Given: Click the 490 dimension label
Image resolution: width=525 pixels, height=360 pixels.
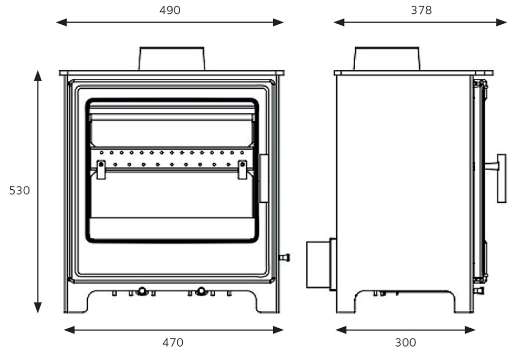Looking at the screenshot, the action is coord(170,10).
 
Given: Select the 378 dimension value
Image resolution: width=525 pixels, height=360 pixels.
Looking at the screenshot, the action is coord(421,10).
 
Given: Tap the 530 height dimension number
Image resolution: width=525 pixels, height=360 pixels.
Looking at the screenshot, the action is coord(19,191).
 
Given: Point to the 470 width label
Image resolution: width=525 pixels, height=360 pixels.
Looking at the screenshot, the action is coord(173,342).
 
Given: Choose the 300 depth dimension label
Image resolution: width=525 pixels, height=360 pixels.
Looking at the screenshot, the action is coord(405,342).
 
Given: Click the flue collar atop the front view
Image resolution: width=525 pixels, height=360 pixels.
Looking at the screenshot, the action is coord(171,59).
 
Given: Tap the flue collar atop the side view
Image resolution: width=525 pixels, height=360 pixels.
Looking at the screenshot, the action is coord(387,59).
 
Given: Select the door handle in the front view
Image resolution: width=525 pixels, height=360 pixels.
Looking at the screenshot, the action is coord(264,178).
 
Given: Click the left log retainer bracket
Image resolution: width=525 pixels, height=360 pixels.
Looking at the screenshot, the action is coord(101,170).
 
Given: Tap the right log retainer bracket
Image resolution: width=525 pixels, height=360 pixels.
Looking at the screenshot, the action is coord(242,170).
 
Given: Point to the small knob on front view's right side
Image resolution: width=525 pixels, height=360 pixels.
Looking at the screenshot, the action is coord(284,258).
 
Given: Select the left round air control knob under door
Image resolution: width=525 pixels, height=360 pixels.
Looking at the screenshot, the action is coord(142,291).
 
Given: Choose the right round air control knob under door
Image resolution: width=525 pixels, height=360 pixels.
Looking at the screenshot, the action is coord(201,291).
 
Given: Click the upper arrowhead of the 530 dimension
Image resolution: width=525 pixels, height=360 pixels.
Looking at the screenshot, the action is coord(38,76).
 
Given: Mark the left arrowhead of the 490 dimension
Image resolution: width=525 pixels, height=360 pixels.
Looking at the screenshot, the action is coord(62,22).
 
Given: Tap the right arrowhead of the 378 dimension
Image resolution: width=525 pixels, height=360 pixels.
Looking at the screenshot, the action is coord(501,22).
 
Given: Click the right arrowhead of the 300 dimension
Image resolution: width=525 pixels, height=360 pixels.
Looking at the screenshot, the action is coord(470,330).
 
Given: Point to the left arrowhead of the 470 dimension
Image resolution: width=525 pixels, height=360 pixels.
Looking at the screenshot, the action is coord(69,330).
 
